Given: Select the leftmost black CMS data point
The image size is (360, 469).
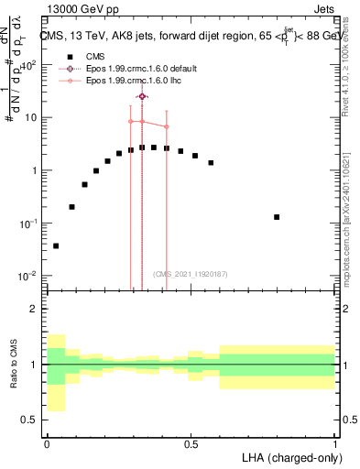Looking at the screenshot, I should click(56, 245).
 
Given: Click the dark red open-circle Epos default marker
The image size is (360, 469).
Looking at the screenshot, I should click(142, 96).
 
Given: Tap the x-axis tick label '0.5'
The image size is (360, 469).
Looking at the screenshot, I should click(191, 443).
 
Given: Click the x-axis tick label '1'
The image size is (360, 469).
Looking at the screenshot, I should click(334, 443).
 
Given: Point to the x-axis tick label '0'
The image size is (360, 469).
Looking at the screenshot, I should click(47, 443).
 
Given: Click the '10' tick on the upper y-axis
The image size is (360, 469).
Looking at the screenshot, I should click(33, 117).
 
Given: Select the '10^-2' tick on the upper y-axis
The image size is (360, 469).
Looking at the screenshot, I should click(30, 276).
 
